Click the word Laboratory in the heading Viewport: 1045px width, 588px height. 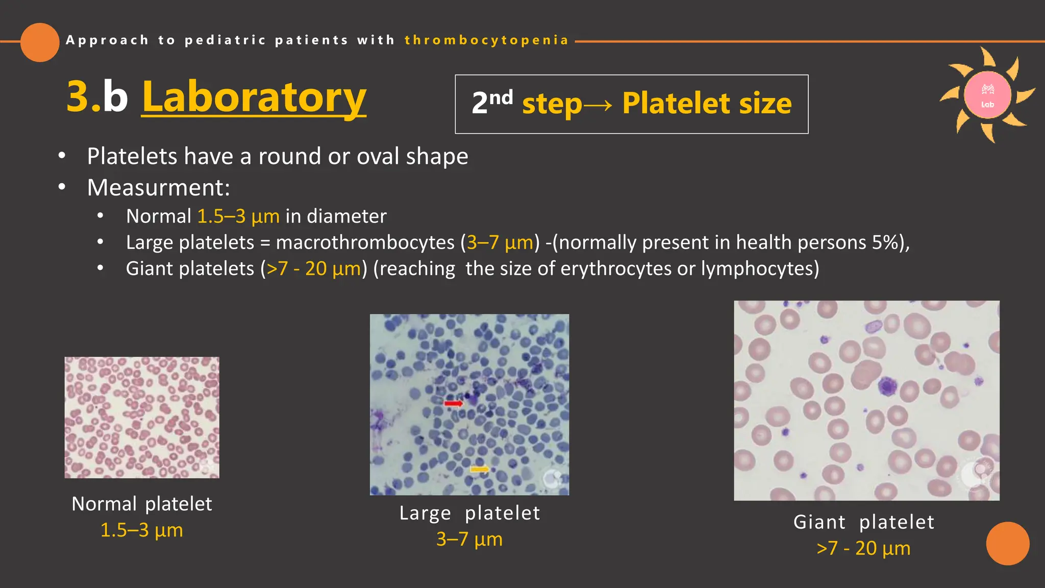pyautogui.click(x=254, y=97)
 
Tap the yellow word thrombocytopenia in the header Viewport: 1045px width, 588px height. pyautogui.click(x=486, y=40)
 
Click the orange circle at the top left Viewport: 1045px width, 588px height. pyautogui.click(x=40, y=42)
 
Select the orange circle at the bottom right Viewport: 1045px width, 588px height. pyautogui.click(x=1007, y=543)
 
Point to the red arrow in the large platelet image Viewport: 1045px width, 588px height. pyautogui.click(x=453, y=404)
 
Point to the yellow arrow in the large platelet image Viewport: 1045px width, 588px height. pyautogui.click(x=479, y=469)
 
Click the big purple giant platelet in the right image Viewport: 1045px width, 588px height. pyautogui.click(x=887, y=386)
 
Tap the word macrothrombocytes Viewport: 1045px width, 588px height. pyautogui.click(x=365, y=242)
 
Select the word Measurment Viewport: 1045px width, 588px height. pyautogui.click(x=158, y=188)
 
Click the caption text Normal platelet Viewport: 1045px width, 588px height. pyautogui.click(x=141, y=504)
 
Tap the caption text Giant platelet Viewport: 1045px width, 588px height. pyautogui.click(x=863, y=522)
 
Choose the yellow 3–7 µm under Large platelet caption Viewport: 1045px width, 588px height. pyautogui.click(x=469, y=540)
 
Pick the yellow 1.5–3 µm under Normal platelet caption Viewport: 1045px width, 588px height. pyautogui.click(x=141, y=530)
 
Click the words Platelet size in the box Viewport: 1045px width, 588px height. pyautogui.click(x=707, y=104)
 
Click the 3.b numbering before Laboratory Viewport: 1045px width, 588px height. pyautogui.click(x=97, y=97)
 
